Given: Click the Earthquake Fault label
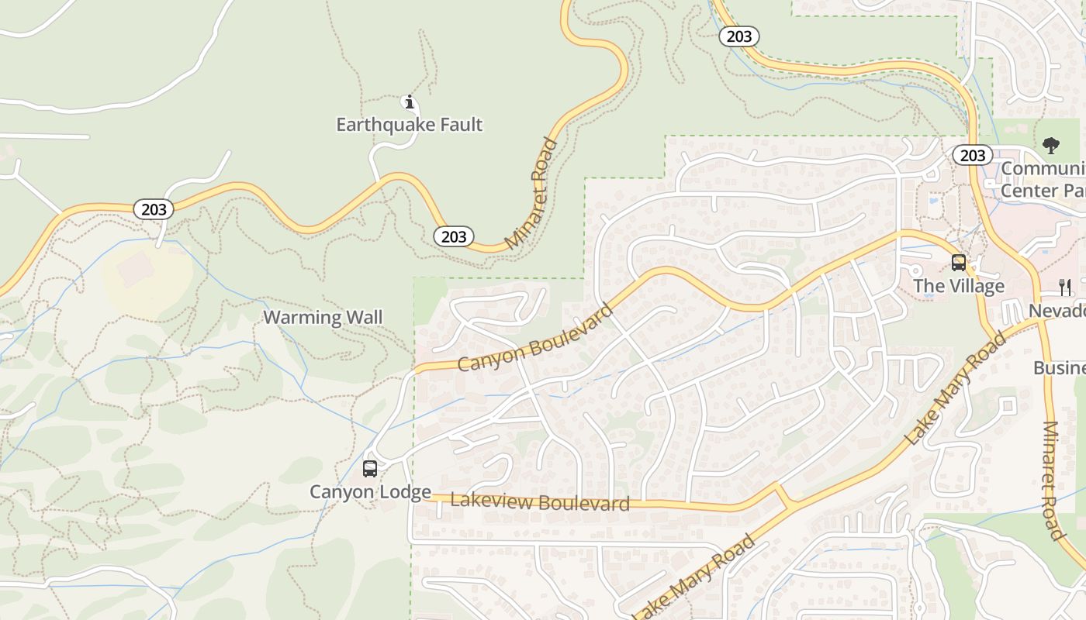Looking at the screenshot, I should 409,124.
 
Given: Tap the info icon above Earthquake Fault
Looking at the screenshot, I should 409,102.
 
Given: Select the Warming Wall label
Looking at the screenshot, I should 323,317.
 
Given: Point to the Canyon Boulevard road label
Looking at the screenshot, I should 535,337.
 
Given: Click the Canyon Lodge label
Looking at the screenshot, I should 370,491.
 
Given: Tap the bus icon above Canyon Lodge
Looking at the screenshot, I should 370,468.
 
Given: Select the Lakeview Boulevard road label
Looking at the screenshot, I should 540,502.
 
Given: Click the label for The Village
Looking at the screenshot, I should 959,286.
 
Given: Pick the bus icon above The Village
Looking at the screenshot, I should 959,263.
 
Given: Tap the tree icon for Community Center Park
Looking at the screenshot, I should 1051,145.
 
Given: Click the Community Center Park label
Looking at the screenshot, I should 1043,179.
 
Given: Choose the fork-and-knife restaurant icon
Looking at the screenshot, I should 1065,288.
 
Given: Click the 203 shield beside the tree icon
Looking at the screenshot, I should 972,156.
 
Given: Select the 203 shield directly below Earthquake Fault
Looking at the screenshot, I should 453,236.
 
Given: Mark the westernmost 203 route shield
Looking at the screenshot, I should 154,208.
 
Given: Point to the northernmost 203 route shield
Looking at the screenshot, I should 738,36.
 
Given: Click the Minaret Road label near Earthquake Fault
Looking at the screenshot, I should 531,194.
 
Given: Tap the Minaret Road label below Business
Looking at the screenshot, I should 1053,480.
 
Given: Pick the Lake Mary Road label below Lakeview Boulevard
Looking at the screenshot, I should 694,578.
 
